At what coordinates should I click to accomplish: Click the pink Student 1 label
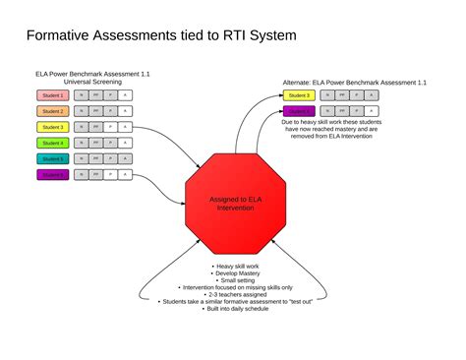click(x=52, y=95)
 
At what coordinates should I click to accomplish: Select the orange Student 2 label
click(x=52, y=111)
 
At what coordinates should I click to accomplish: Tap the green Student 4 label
click(x=52, y=143)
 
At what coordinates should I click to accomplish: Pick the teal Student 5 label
click(x=52, y=158)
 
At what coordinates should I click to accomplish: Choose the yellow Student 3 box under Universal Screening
click(x=52, y=127)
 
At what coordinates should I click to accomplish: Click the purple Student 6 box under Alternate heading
click(x=300, y=111)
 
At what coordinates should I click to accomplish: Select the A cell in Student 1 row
click(x=125, y=95)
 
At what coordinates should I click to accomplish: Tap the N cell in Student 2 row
click(x=81, y=111)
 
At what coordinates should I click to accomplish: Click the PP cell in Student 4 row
click(x=95, y=143)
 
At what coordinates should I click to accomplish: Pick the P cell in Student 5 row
click(x=110, y=158)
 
